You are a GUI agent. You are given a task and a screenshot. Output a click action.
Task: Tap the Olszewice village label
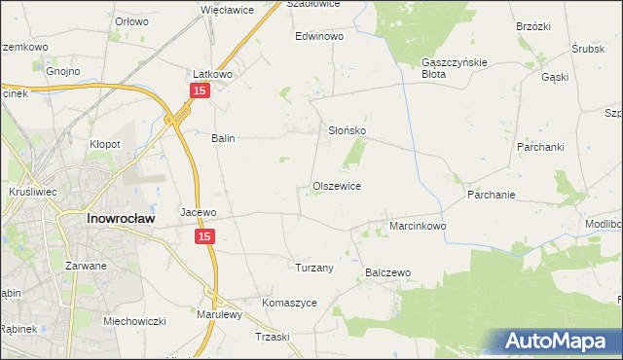pyautogui.click(x=337, y=186)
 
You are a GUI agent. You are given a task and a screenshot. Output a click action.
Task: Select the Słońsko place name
pyautogui.click(x=345, y=130)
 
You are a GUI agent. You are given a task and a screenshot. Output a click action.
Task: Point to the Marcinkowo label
pyautogui.click(x=418, y=226)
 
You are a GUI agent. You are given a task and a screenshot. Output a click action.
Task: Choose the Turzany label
pyautogui.click(x=314, y=268)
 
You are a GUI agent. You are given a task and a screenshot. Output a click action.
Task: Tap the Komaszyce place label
pyautogui.click(x=289, y=303)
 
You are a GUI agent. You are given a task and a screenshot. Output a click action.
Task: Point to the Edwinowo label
pyautogui.click(x=320, y=36)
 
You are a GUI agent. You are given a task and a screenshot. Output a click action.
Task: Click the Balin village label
pyautogui.click(x=224, y=138)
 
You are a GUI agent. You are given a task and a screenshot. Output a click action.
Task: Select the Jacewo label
pyautogui.click(x=198, y=211)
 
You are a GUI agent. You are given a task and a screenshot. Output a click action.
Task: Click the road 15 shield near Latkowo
pyautogui.click(x=199, y=90)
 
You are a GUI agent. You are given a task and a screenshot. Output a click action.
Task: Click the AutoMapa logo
pyautogui.click(x=563, y=342)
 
